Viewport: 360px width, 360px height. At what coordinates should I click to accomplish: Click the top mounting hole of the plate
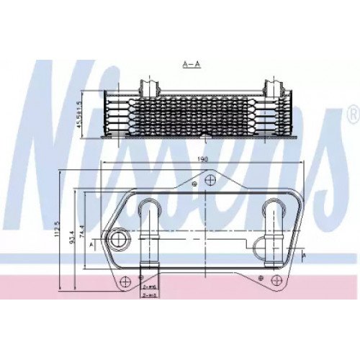point(210,179)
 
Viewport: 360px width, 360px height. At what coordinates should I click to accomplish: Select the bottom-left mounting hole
point(125,280)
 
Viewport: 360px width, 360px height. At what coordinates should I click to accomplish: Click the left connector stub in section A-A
point(150,89)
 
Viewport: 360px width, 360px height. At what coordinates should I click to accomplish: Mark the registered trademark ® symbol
point(352,113)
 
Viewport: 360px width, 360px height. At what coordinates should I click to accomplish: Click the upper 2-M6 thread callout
point(149,286)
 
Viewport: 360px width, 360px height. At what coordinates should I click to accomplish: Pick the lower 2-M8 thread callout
point(149,295)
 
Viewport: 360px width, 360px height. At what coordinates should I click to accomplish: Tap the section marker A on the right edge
point(305,256)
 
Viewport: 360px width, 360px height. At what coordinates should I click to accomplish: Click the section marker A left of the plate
point(89,244)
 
